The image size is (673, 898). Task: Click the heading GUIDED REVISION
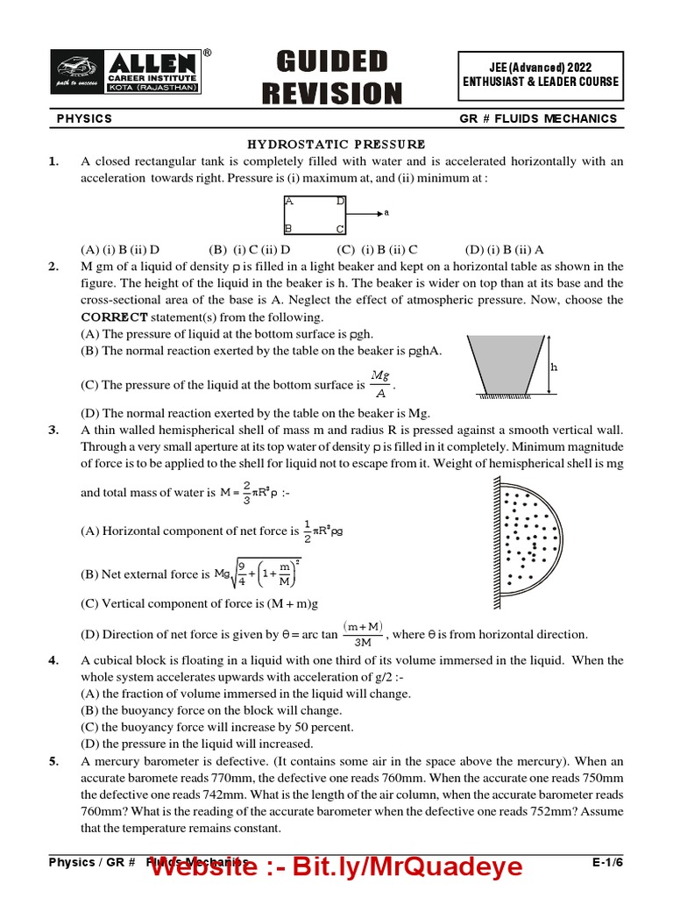[x=339, y=77]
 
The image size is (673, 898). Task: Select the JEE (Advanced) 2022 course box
[x=541, y=75]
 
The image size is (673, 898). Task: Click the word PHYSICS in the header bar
[x=84, y=118]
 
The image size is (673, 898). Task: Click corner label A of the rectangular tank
[x=288, y=201]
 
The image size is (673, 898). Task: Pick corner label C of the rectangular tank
[x=340, y=229]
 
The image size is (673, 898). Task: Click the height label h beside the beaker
[x=553, y=367]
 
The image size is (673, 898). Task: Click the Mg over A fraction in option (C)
[x=379, y=384]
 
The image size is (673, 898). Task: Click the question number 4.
[x=53, y=660]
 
